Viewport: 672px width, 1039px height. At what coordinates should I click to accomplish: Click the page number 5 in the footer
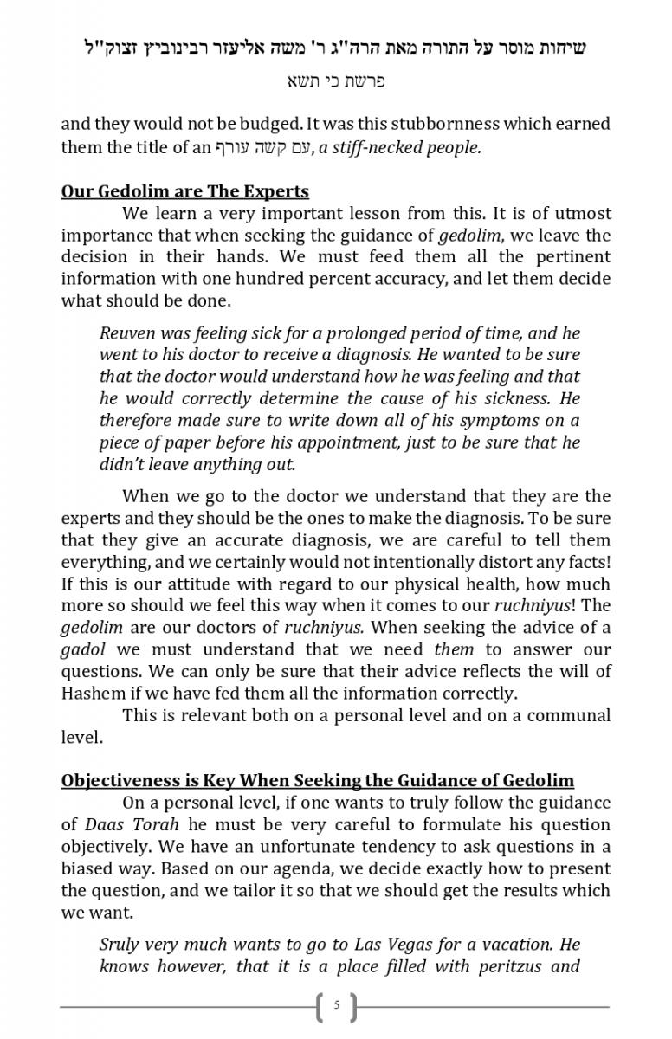(337, 1006)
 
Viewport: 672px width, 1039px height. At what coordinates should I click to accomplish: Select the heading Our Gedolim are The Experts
(184, 191)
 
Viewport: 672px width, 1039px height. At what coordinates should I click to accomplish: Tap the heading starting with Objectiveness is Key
(317, 781)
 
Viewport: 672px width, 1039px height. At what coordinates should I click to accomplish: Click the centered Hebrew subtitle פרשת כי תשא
(336, 82)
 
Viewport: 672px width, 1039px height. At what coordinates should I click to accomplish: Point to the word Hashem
(92, 694)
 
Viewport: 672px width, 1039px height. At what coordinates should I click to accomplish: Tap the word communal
(565, 715)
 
